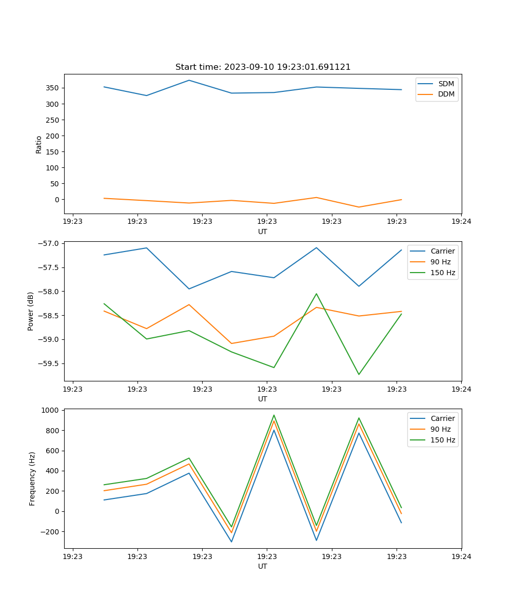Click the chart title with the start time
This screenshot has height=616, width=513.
tap(263, 67)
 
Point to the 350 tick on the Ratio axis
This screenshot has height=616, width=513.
tap(53, 88)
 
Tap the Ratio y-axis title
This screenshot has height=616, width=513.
tap(39, 144)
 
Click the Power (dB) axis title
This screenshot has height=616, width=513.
tap(31, 311)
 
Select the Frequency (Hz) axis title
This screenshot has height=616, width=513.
tap(32, 478)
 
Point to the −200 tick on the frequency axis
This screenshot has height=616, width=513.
tap(50, 532)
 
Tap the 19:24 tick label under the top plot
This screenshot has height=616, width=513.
tap(461, 222)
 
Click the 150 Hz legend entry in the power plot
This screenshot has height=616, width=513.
tap(443, 273)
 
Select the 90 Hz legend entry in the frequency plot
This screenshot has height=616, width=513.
tap(440, 429)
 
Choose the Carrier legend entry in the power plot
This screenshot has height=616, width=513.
tap(442, 251)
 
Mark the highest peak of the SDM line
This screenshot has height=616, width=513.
tap(189, 80)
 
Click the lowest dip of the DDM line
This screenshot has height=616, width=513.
tap(359, 207)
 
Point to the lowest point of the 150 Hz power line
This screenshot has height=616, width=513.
tap(359, 374)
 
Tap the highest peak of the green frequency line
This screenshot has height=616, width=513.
tap(274, 415)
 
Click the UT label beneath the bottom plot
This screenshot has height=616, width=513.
tap(263, 567)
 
